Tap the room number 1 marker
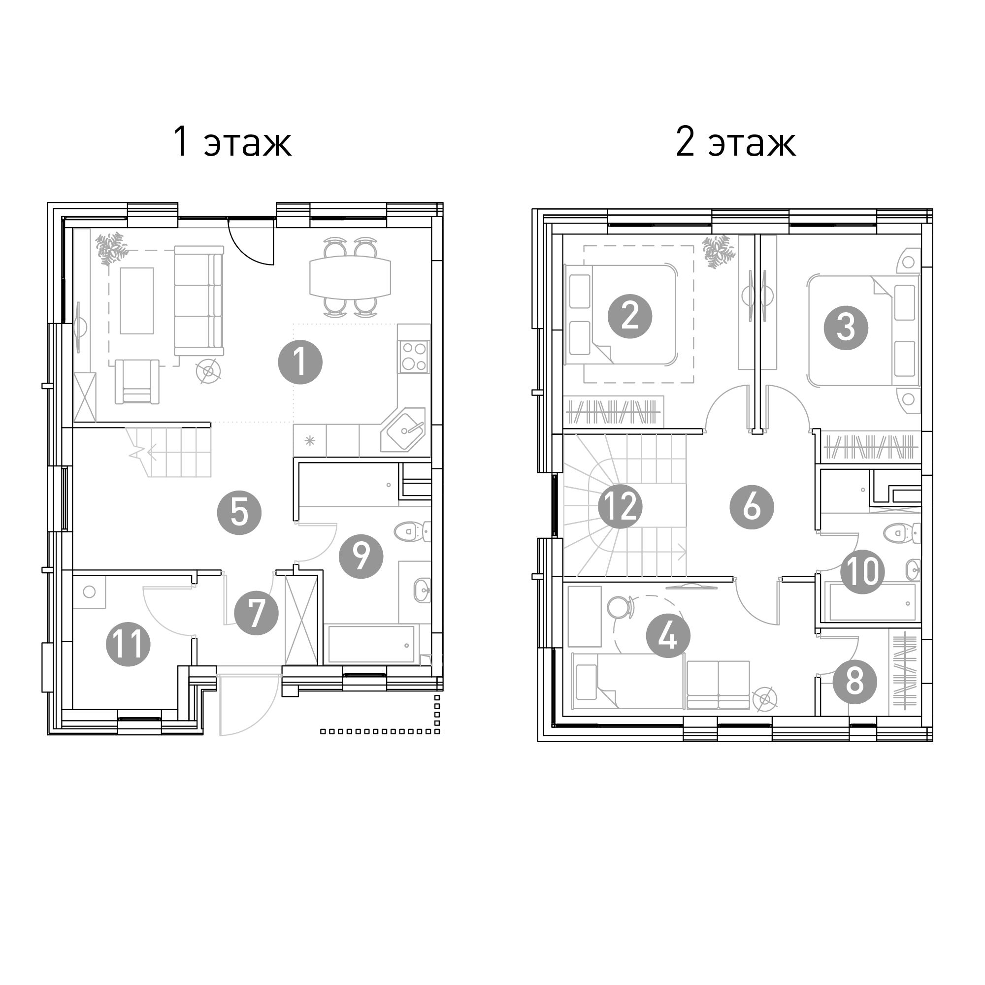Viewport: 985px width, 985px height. click(x=300, y=362)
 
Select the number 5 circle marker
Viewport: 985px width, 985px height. click(x=239, y=512)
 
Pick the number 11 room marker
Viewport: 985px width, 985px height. click(x=128, y=644)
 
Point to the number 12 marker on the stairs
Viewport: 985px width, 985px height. click(x=620, y=507)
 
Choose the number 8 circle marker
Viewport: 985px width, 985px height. click(x=855, y=682)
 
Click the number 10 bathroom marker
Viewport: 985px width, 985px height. click(x=862, y=571)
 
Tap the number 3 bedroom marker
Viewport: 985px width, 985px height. click(x=846, y=328)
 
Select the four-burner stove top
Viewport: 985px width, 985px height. click(x=414, y=357)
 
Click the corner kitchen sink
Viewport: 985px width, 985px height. click(x=403, y=430)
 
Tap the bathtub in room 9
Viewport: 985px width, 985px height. click(x=371, y=644)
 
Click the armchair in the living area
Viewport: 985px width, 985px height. click(x=136, y=382)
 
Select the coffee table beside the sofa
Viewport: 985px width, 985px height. click(x=136, y=301)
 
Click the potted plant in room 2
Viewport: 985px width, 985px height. click(x=719, y=251)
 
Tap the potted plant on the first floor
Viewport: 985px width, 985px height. click(x=112, y=249)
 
